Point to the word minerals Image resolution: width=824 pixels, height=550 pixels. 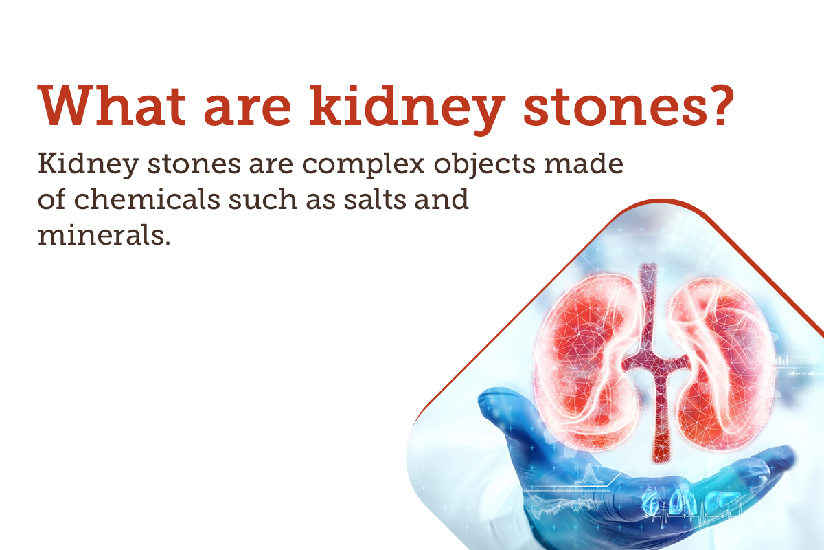(x=103, y=234)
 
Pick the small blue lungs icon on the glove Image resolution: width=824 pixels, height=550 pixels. (x=680, y=500)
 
